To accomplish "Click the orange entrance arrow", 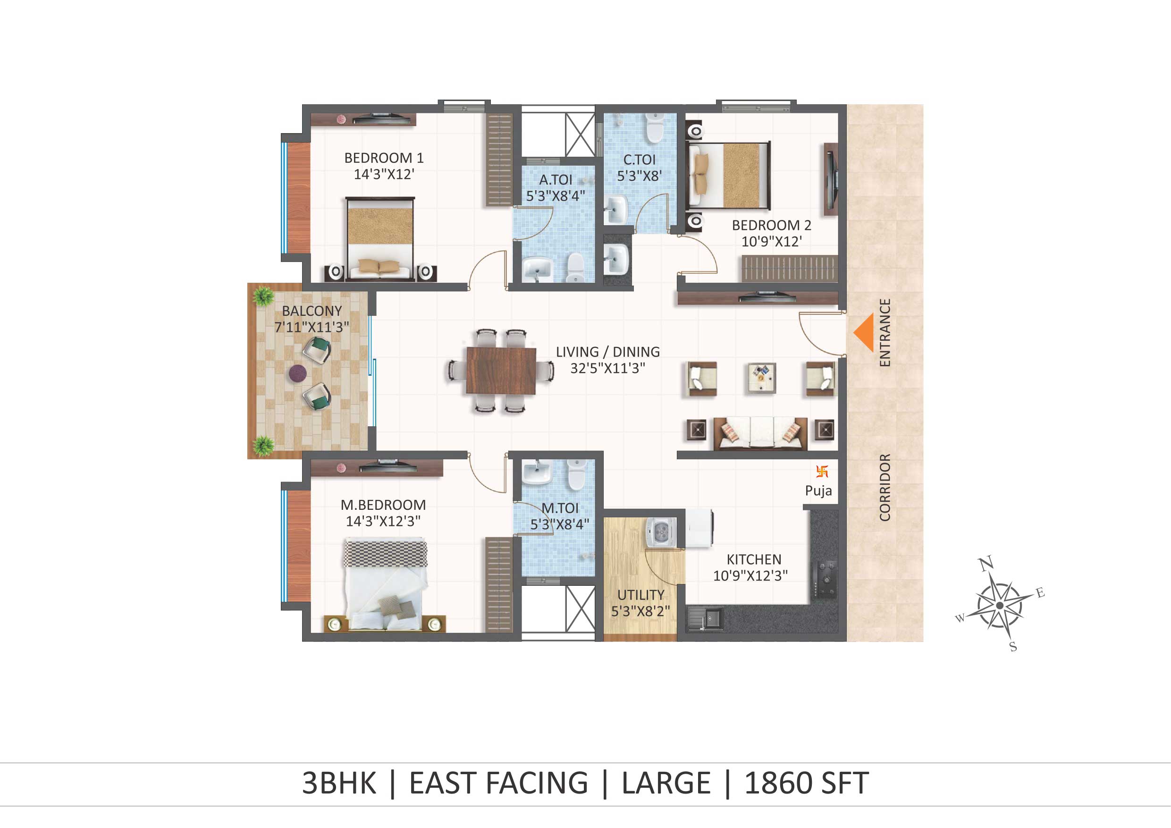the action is (x=863, y=332).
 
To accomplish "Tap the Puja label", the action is (x=818, y=491).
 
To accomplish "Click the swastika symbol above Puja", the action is (x=822, y=472).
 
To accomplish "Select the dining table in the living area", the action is (x=501, y=371).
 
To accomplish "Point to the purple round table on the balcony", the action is (x=297, y=373).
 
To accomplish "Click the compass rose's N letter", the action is (x=986, y=564).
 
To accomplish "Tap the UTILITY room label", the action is (x=640, y=595).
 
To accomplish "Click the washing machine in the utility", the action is (x=662, y=533).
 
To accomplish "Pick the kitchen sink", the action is (x=705, y=619).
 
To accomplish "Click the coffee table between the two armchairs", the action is (x=761, y=378).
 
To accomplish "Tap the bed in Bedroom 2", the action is (x=728, y=176).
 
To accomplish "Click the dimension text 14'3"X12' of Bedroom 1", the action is (x=384, y=175).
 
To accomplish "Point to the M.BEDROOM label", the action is (x=383, y=505).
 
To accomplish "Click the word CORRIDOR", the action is (x=885, y=487).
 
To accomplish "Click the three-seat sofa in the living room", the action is (x=760, y=434).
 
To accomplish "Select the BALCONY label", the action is (x=312, y=311).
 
